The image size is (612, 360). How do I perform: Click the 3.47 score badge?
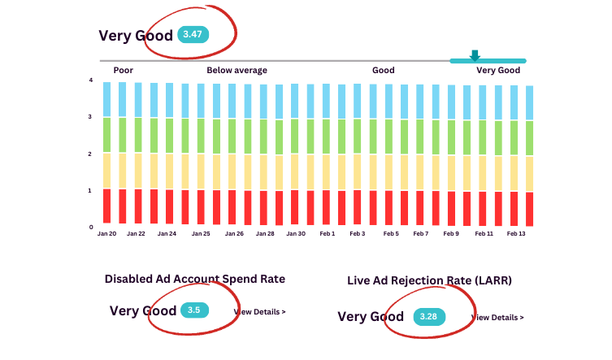194,34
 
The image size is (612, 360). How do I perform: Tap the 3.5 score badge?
194,310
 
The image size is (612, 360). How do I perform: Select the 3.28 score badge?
428,316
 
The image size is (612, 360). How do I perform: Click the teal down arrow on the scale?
475,55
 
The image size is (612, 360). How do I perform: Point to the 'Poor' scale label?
124,71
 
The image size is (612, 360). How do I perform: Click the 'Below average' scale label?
237,71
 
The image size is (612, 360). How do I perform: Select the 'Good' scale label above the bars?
383,71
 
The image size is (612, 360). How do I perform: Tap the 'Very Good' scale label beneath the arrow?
497,71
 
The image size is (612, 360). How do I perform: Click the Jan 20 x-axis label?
106,234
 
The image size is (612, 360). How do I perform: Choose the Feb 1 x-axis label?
327,234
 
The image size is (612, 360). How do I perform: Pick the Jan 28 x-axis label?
265,234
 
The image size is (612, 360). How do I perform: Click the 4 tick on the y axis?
91,80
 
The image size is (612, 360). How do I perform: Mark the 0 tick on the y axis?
91,228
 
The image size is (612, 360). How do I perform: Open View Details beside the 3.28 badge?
497,317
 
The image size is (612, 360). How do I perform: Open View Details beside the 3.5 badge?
260,311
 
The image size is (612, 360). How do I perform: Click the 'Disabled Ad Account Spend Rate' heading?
195,279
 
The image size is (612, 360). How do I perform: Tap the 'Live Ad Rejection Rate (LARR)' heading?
429,280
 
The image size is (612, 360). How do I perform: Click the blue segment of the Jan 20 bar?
106,99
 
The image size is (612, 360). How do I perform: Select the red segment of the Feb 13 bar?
529,209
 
